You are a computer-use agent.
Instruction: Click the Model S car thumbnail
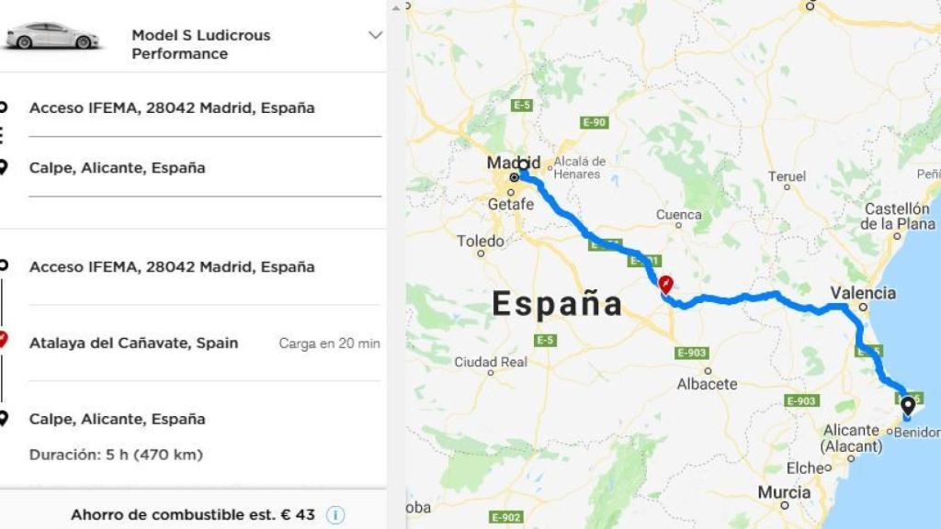point(51,37)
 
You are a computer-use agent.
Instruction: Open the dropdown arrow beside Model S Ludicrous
point(374,36)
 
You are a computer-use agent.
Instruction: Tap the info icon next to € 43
point(335,515)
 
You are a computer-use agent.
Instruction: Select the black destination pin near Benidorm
point(908,405)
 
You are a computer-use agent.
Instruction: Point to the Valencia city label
point(862,293)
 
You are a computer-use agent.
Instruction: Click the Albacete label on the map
point(707,384)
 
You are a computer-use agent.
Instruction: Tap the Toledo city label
point(481,242)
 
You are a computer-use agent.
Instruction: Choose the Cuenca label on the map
point(678,215)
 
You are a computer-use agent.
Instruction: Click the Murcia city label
point(784,493)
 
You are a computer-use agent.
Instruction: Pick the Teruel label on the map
point(787,176)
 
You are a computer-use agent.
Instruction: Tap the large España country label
point(557,303)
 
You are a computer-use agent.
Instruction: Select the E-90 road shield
point(595,122)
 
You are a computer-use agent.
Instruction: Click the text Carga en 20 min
point(329,343)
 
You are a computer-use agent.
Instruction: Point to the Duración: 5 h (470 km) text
point(116,455)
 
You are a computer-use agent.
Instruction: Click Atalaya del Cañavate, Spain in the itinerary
point(133,343)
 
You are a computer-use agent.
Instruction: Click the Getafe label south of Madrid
point(510,204)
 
